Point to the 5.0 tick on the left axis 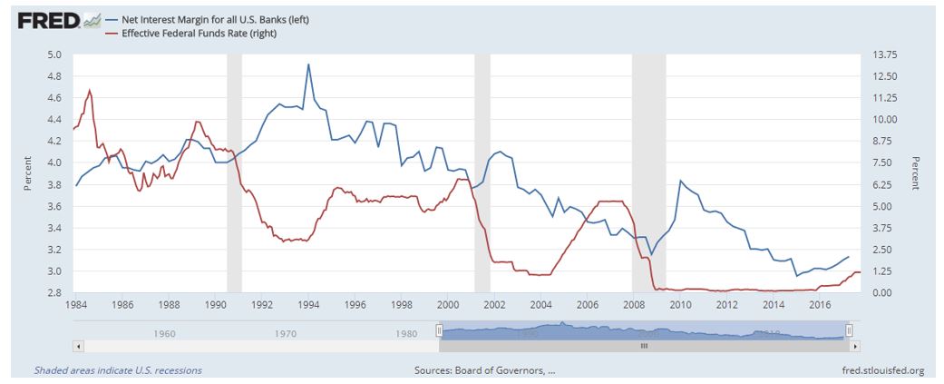(54, 54)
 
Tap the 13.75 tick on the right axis (884, 54)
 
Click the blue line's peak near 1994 (309, 64)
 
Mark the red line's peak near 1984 (89, 90)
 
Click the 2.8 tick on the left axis (54, 293)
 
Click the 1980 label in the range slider (408, 333)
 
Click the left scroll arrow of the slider (78, 346)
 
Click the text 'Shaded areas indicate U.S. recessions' (118, 370)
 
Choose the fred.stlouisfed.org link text (883, 370)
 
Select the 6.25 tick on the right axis (882, 185)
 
